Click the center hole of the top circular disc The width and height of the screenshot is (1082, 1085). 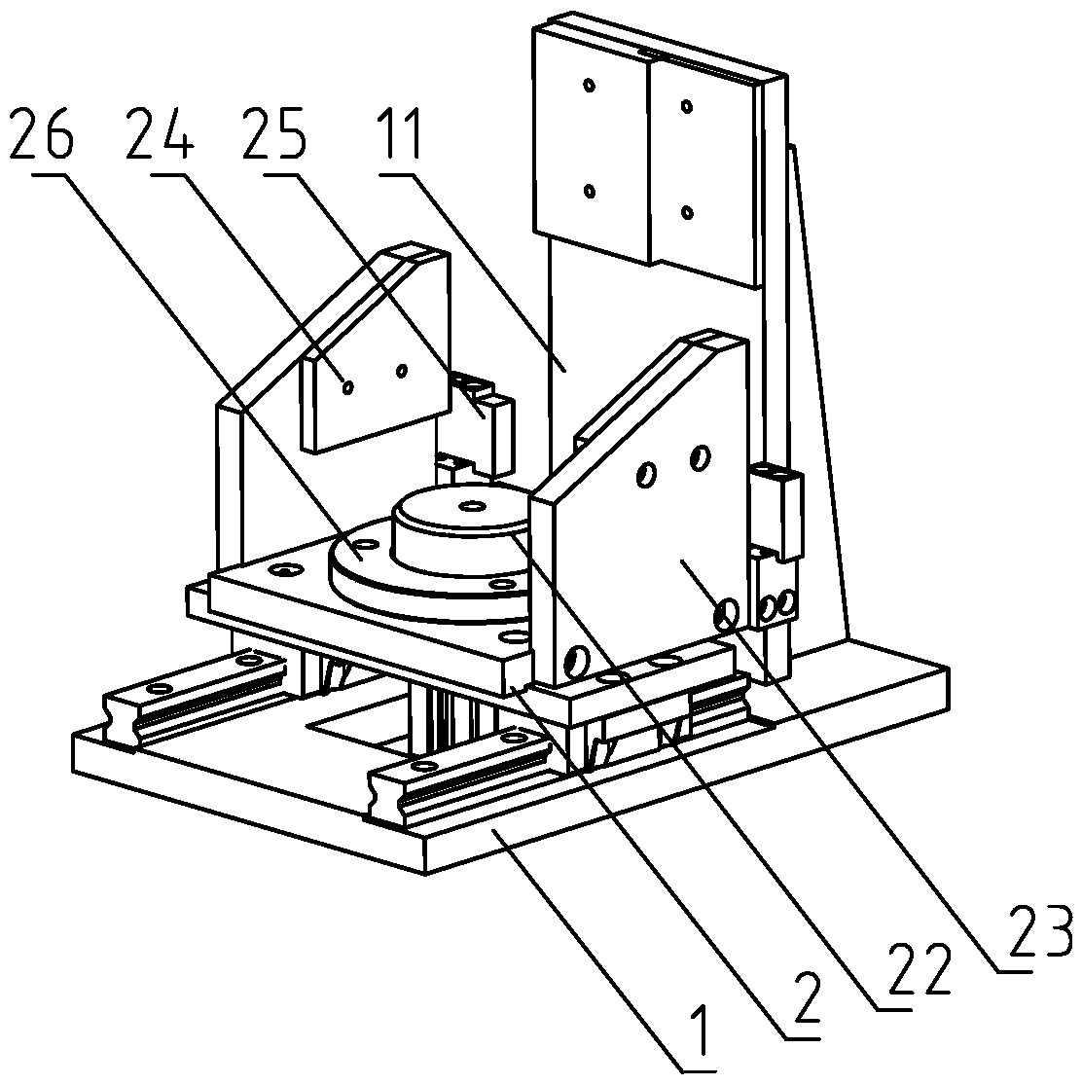(473, 506)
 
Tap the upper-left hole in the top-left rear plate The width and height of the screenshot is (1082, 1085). (589, 86)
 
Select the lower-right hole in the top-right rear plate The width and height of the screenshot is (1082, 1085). (687, 211)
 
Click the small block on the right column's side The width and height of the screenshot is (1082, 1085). (776, 506)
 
